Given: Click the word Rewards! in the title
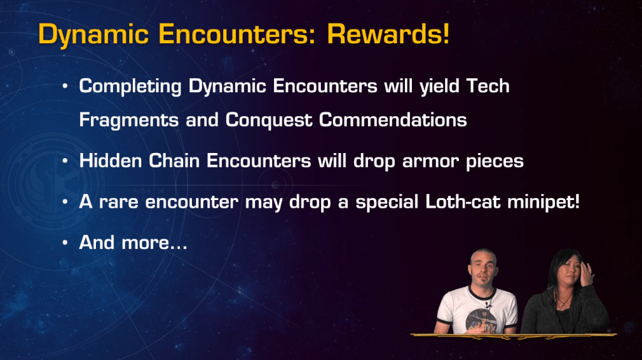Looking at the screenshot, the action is (x=388, y=34).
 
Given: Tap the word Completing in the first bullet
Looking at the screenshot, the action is (x=130, y=87).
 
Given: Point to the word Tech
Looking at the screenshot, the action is (x=488, y=86).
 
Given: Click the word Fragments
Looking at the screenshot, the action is (x=129, y=120).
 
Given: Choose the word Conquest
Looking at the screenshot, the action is (x=268, y=120).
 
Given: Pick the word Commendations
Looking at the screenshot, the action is (x=392, y=120).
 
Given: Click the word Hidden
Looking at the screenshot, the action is (x=110, y=161).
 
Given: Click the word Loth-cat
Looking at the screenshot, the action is (x=463, y=201).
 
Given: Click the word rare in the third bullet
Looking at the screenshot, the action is (x=118, y=203).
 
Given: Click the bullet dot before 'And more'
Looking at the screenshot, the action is (x=65, y=243).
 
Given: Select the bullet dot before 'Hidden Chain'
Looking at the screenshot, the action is (x=65, y=161).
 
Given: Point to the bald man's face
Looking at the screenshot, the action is (x=483, y=270).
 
